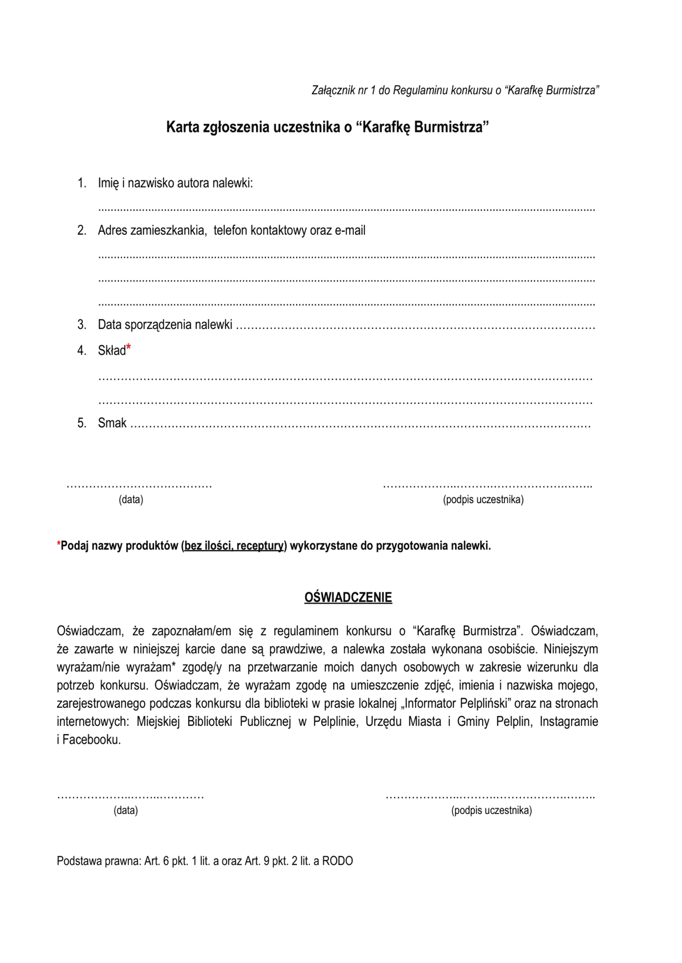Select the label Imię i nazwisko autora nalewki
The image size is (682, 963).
coord(175,183)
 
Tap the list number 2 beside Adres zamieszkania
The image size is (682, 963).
coord(81,230)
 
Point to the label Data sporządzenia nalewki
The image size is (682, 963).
coord(165,325)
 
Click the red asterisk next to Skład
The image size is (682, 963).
coord(128,347)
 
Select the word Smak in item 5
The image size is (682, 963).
coord(112,423)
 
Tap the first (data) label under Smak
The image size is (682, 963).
coord(131,500)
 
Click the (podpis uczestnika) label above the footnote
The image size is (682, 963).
coord(483,500)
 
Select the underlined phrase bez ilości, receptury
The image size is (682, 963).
coord(234,546)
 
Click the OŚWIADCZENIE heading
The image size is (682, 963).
coord(348,597)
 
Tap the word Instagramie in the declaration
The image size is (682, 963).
coord(569,721)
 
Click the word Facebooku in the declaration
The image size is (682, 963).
coord(91,739)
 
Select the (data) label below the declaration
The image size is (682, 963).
coord(125,810)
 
